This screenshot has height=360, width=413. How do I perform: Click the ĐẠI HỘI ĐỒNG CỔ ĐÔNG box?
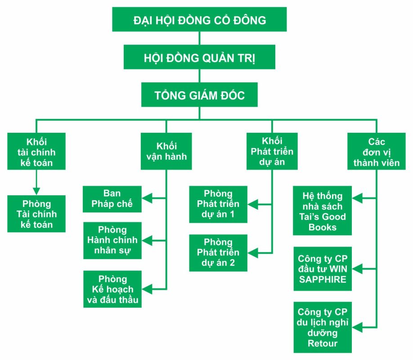click(x=199, y=20)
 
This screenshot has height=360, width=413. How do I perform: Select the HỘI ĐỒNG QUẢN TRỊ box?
click(x=199, y=58)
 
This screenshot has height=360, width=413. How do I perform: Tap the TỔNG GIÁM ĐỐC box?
click(x=199, y=95)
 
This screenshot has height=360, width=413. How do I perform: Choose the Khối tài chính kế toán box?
click(x=36, y=151)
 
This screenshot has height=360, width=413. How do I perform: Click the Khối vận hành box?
click(x=166, y=151)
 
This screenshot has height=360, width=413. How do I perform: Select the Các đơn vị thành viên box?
click(x=376, y=151)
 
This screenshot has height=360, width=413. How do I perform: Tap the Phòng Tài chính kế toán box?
click(x=36, y=214)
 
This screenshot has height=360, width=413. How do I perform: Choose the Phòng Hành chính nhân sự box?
click(x=112, y=240)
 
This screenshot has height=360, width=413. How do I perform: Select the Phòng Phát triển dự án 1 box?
click(x=218, y=204)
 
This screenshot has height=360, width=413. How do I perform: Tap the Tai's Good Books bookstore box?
click(x=322, y=211)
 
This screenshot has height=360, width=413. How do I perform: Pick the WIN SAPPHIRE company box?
click(x=322, y=269)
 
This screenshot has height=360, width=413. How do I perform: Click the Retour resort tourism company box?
click(x=322, y=328)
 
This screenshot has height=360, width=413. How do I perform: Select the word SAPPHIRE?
click(x=322, y=279)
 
